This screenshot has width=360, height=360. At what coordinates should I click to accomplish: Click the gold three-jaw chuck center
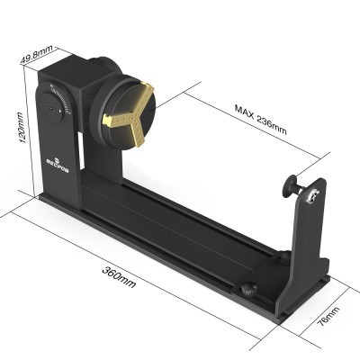coord(128,116)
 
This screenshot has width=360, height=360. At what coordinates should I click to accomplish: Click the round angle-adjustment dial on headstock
coord(59,102)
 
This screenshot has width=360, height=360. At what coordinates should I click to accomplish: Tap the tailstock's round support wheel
coord(289,189)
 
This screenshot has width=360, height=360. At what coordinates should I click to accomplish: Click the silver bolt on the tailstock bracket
coord(312,193)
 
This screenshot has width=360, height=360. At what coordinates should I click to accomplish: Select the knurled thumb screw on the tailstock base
coord(245,290)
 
